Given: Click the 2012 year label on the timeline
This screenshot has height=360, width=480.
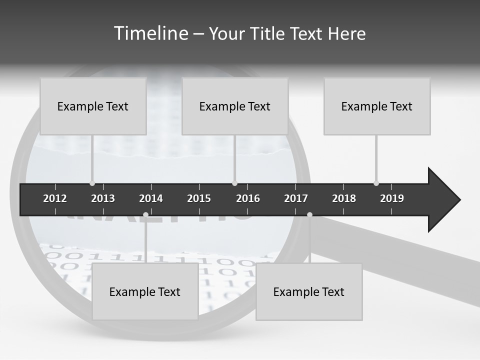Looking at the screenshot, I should (55, 198).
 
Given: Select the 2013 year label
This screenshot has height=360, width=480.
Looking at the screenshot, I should (103, 198).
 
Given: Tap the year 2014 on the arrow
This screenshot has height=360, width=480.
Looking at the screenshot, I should (151, 198).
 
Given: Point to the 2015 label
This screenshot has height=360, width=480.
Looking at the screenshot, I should (199, 198).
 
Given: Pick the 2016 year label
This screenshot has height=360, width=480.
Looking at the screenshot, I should (248, 198).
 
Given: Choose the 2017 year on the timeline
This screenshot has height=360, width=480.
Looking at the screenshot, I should (296, 198).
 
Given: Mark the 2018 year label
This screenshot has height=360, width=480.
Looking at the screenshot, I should (344, 198).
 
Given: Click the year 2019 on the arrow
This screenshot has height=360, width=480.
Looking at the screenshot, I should (392, 198).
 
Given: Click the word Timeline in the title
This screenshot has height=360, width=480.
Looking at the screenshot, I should (149, 33).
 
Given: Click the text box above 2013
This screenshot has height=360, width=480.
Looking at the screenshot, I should (93, 106).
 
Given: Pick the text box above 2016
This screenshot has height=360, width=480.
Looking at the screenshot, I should (235, 106).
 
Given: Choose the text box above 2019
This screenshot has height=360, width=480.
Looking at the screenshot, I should (377, 106).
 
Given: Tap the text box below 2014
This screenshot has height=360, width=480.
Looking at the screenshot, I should (145, 291).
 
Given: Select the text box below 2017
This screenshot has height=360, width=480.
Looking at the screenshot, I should (309, 291).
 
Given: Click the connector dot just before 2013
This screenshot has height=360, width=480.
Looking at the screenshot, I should (92, 183).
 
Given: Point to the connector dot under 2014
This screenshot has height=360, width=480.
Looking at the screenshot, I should (145, 215).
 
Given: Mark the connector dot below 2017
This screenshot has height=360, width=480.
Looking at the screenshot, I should (309, 215).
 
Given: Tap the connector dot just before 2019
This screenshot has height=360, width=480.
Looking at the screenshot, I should (376, 183).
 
